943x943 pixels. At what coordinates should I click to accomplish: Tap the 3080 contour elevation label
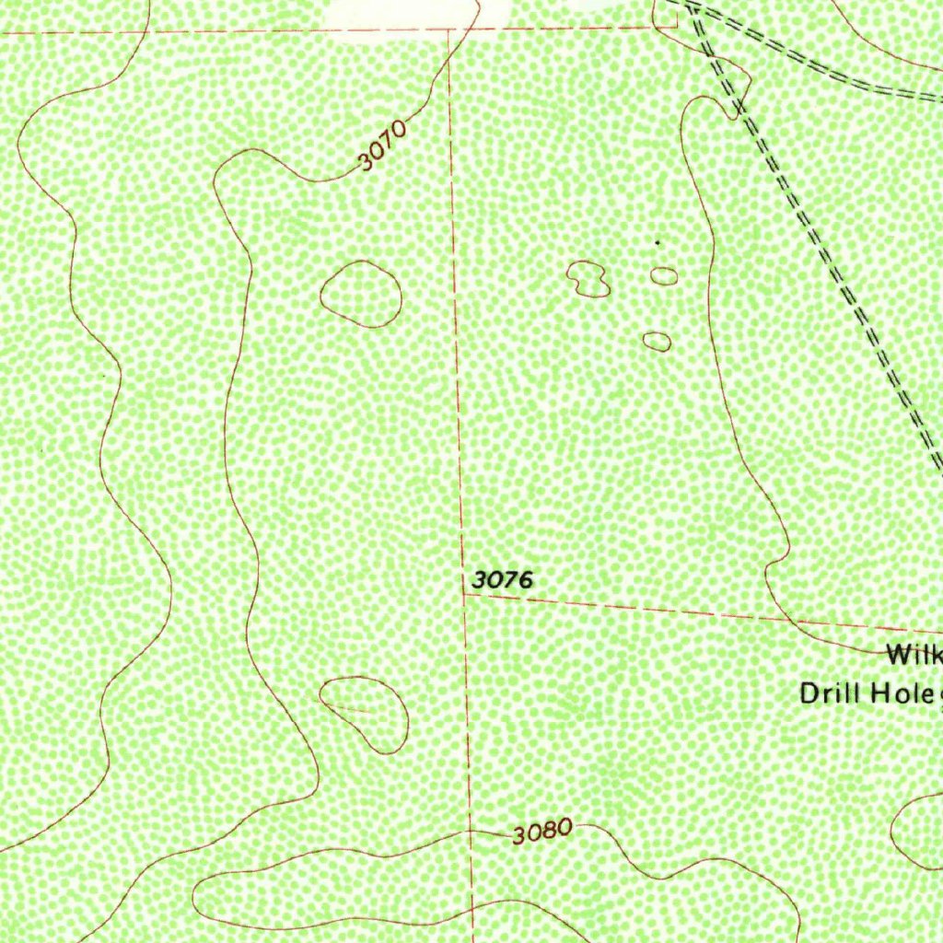coord(542,832)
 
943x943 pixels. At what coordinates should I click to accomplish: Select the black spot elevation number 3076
coord(502,580)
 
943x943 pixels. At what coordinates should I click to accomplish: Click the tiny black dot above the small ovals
coord(657,242)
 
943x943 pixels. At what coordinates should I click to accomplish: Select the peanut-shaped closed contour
coord(588,278)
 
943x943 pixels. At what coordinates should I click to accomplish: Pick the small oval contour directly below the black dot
coord(664,275)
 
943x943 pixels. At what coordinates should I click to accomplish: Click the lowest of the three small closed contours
coord(657,342)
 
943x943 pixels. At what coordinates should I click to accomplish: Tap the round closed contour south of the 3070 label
coord(360,294)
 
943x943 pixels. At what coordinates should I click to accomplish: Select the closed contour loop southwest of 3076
coord(366,714)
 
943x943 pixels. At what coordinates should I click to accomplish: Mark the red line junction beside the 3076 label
coord(463,594)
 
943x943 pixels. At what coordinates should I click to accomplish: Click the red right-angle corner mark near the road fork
coord(657,28)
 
